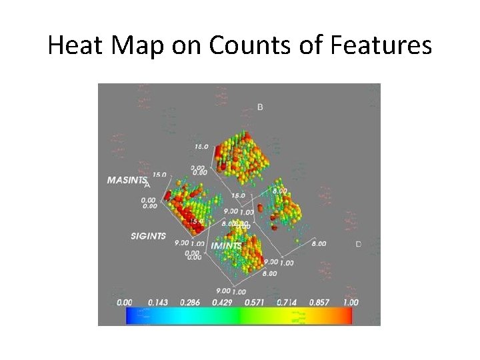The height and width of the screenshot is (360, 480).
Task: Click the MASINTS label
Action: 127,180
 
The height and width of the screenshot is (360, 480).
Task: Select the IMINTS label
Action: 226,246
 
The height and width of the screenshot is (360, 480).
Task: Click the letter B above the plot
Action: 260,107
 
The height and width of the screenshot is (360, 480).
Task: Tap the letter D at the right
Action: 358,245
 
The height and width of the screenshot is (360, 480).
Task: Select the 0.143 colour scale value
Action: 153,302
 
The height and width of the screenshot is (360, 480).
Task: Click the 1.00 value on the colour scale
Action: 348,302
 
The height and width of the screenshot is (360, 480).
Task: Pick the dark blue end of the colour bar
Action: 130,315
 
